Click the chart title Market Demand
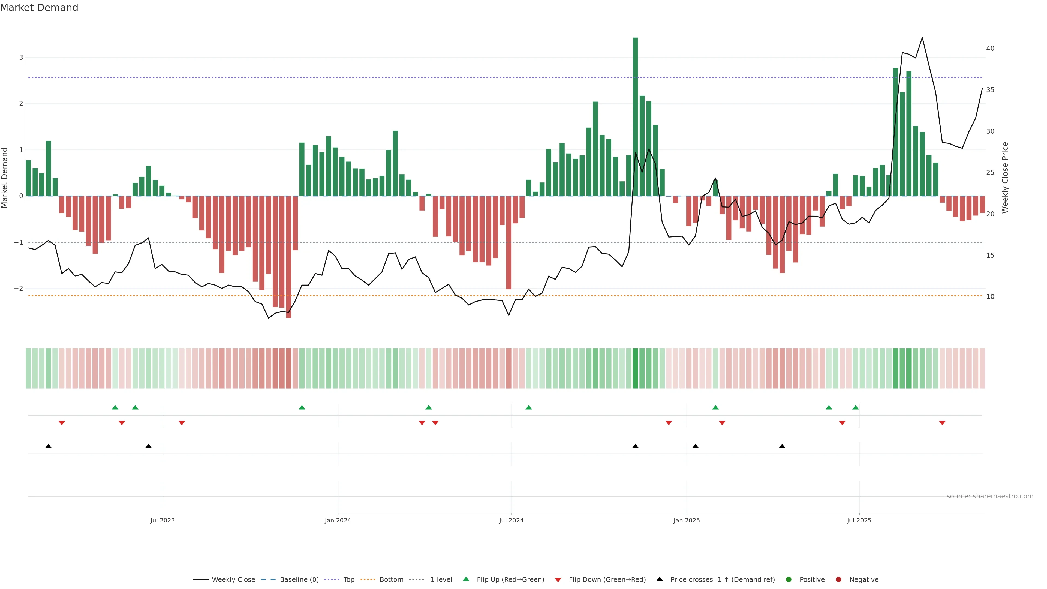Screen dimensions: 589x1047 [39, 8]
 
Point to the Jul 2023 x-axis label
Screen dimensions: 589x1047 [163, 520]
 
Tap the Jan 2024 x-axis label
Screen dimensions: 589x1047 [338, 520]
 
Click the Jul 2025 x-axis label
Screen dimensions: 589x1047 [859, 520]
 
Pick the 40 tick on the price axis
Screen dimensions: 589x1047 [990, 48]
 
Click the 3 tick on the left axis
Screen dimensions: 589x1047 [21, 57]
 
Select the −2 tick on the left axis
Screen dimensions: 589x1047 [19, 288]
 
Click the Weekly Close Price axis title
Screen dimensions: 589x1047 [1005, 178]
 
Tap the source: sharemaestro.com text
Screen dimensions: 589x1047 [990, 496]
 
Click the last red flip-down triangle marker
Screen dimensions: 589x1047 [942, 423]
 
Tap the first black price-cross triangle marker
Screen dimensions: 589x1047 [48, 446]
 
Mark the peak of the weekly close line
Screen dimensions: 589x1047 [922, 38]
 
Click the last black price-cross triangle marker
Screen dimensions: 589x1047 [782, 446]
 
